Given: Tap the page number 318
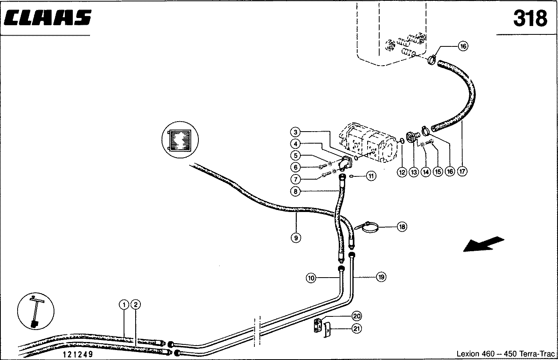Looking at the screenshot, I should point(530,18).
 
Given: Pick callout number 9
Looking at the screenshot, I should point(296,238).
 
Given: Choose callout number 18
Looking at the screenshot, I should point(402,227).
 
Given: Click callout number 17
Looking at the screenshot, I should point(462,172).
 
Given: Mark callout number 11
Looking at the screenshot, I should point(371,176).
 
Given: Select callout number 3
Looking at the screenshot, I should point(295,132).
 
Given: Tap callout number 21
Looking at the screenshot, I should point(357,329).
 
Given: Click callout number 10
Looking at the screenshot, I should point(311,277).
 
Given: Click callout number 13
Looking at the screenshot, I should point(414,172).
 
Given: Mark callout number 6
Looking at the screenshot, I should point(295,167).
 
